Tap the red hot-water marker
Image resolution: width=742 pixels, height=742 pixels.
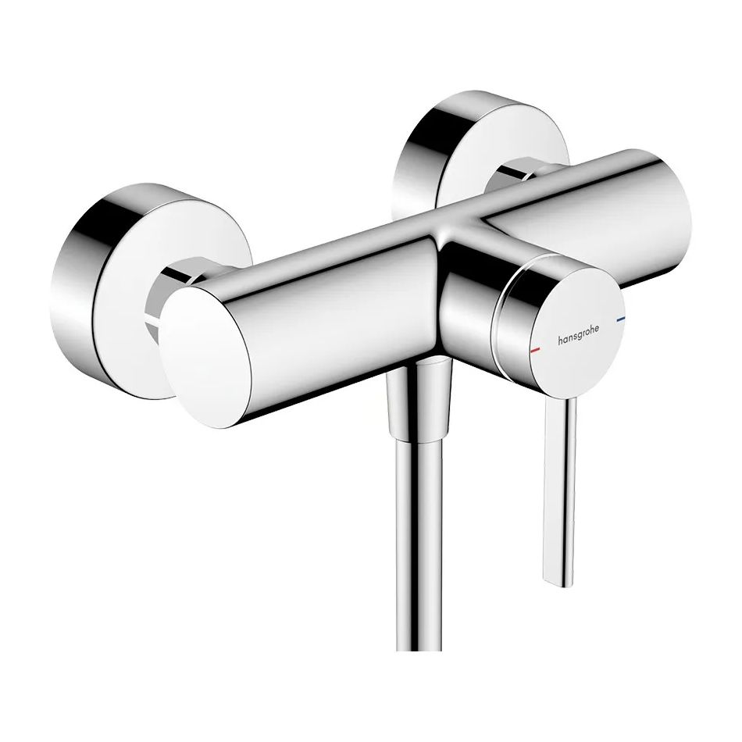click(x=535, y=350)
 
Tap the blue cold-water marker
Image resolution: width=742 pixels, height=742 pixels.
click(x=620, y=319)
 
